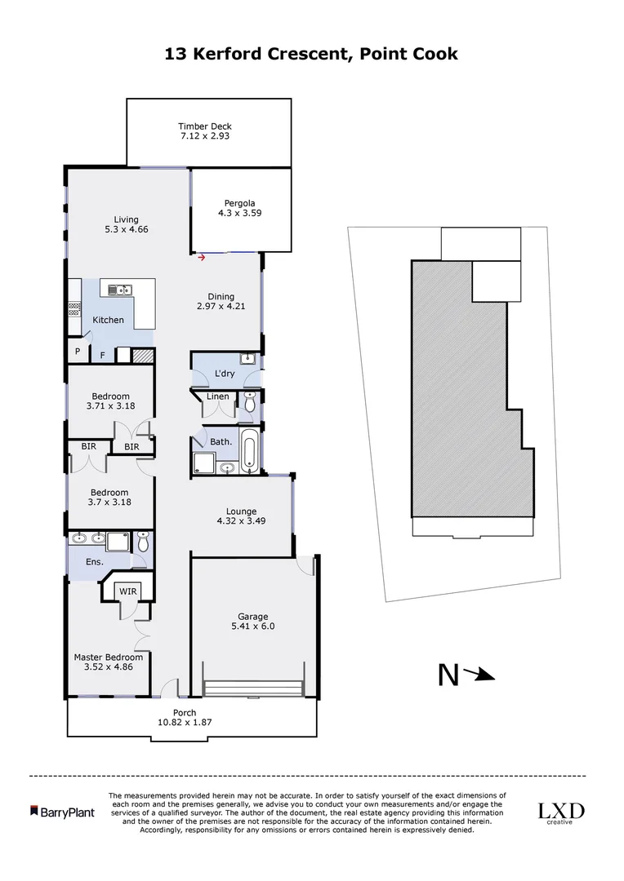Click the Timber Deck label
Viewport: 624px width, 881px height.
tap(205, 126)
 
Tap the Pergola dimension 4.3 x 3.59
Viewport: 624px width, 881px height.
tap(240, 214)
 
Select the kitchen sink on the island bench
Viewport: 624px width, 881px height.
tap(119, 288)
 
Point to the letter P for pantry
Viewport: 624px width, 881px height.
tap(77, 352)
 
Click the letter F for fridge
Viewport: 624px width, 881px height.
tap(102, 355)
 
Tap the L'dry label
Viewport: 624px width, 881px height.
tap(225, 374)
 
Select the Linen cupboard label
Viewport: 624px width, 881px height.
tap(218, 396)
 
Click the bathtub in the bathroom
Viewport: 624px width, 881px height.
tap(249, 451)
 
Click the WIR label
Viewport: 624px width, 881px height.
tap(127, 590)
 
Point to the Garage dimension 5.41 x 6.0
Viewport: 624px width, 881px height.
tap(253, 629)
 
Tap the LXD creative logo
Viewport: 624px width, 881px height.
tap(560, 812)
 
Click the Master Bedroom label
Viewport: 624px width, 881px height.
tap(109, 657)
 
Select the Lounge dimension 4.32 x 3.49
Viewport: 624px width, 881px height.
tap(241, 520)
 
